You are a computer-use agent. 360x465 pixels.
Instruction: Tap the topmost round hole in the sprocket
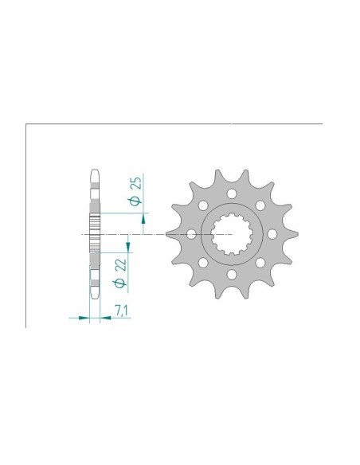click(233, 193)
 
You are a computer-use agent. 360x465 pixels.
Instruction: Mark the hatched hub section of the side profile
click(95, 234)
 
